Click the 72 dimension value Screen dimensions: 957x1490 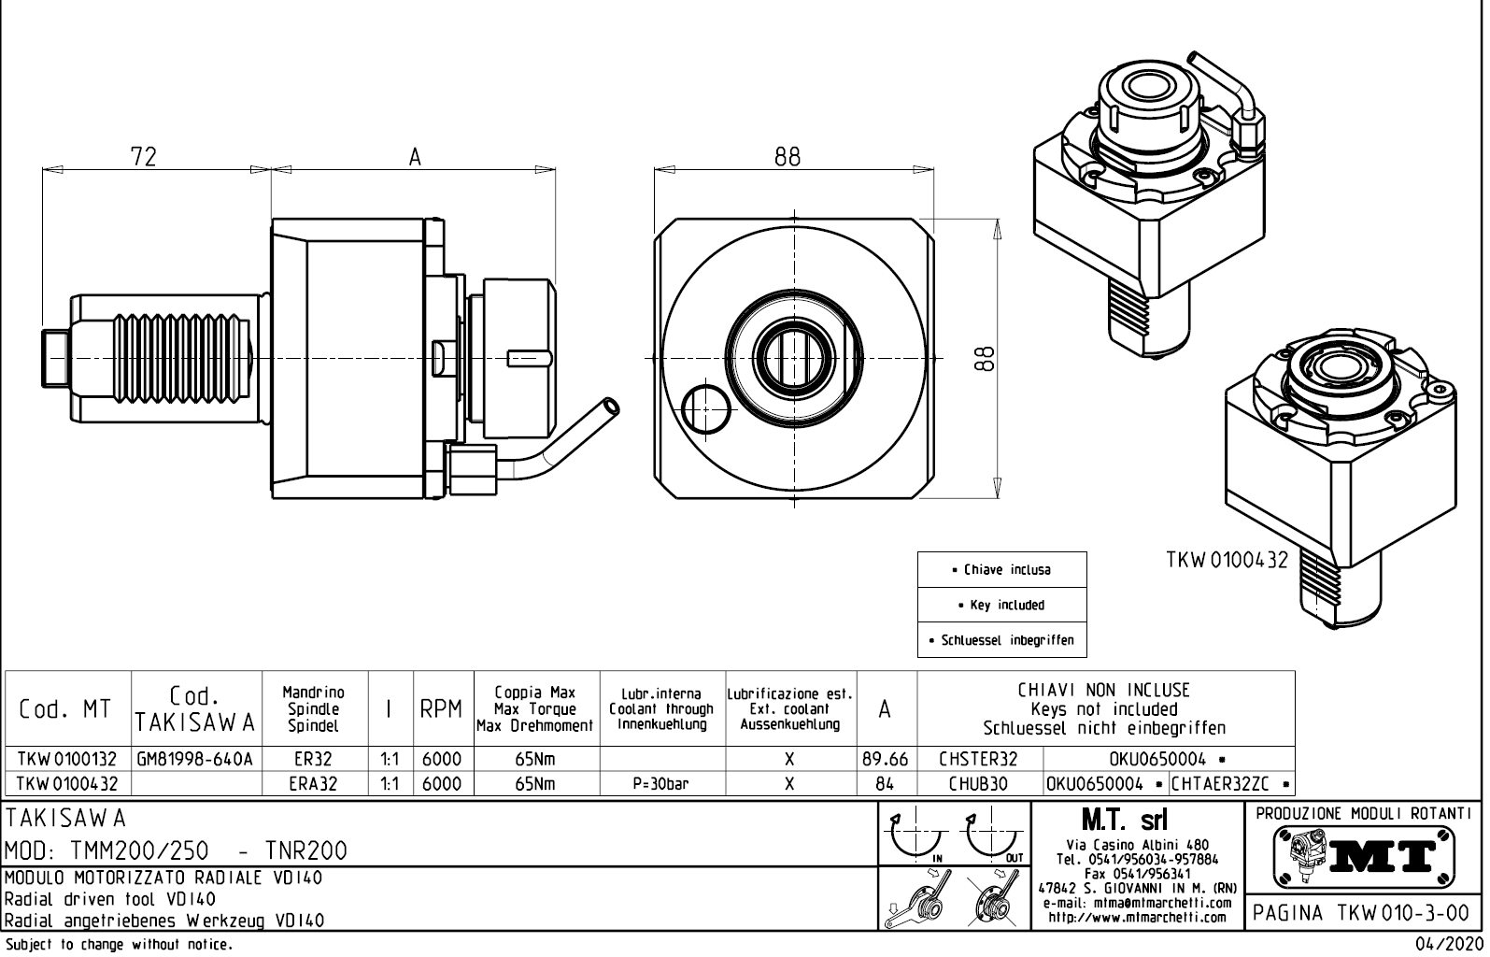[144, 156]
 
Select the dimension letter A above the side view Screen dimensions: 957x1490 [415, 157]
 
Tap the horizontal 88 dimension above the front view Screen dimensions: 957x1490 [787, 156]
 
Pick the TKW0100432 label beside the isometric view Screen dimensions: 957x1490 [1227, 560]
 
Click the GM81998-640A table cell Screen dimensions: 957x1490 [195, 759]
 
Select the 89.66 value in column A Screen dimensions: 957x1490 [885, 759]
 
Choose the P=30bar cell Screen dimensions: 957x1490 [660, 784]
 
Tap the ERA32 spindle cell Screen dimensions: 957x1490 [313, 784]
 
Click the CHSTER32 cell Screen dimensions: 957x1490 [978, 759]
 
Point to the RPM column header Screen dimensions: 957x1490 [441, 709]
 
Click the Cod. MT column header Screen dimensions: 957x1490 [65, 709]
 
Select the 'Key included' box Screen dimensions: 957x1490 [1002, 605]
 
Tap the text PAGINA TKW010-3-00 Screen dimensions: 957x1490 [1363, 913]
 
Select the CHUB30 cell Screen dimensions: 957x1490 [978, 784]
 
